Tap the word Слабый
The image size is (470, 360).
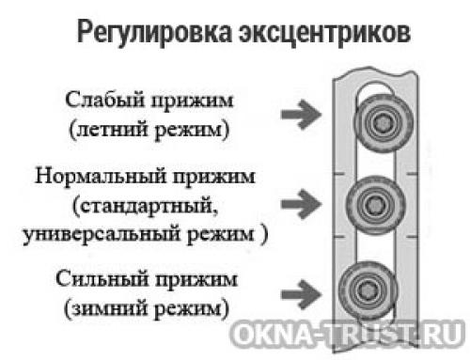click(x=102, y=101)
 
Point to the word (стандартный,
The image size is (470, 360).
click(x=149, y=204)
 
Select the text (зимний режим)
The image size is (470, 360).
click(x=149, y=307)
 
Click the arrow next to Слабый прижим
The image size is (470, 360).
click(x=299, y=115)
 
